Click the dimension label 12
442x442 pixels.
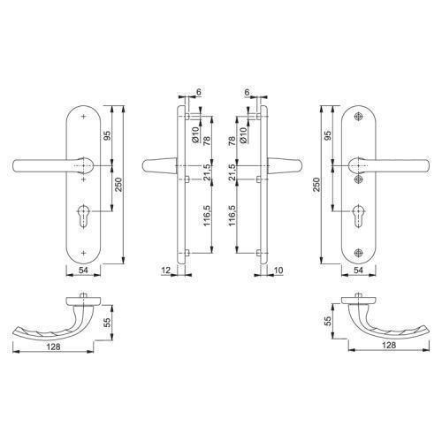166,270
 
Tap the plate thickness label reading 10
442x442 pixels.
278,270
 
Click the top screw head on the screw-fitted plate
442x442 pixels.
358,117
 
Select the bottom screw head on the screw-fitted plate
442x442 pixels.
358,253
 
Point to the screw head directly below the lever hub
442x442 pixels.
358,179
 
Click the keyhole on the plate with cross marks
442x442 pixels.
84,215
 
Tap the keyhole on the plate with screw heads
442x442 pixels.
358,216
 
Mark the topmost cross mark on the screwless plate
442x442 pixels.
84,117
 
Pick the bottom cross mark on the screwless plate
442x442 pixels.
84,253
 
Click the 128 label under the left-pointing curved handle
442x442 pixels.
53,347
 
